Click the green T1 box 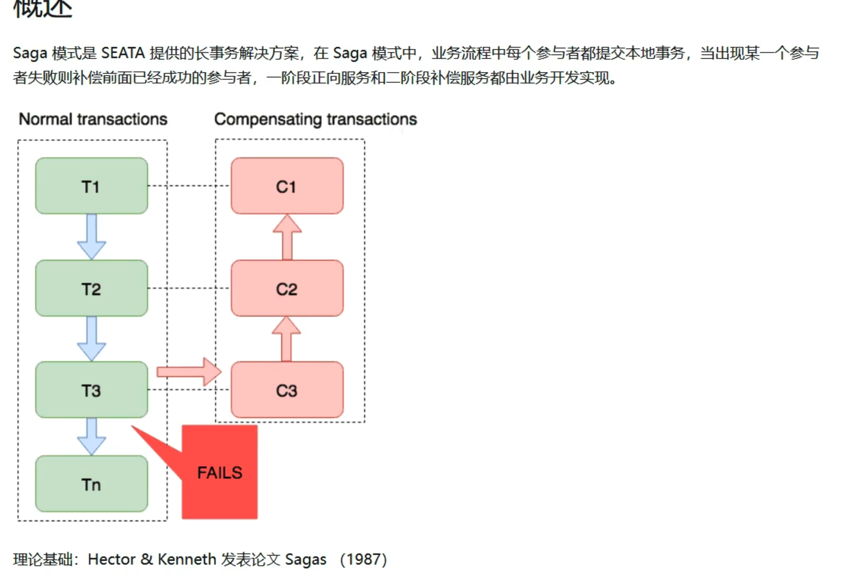(91, 186)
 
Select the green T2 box (91, 288)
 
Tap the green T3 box (91, 390)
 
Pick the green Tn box (91, 484)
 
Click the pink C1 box (287, 186)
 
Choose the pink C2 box (287, 288)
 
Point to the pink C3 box (287, 390)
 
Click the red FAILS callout (219, 472)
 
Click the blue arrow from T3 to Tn (91, 436)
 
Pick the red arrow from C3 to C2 (286, 339)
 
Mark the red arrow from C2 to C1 (287, 237)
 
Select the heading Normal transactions (93, 119)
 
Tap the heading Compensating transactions (315, 119)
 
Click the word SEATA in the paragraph (123, 53)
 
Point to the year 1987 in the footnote (363, 560)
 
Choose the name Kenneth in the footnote (186, 560)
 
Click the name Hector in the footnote (111, 560)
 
